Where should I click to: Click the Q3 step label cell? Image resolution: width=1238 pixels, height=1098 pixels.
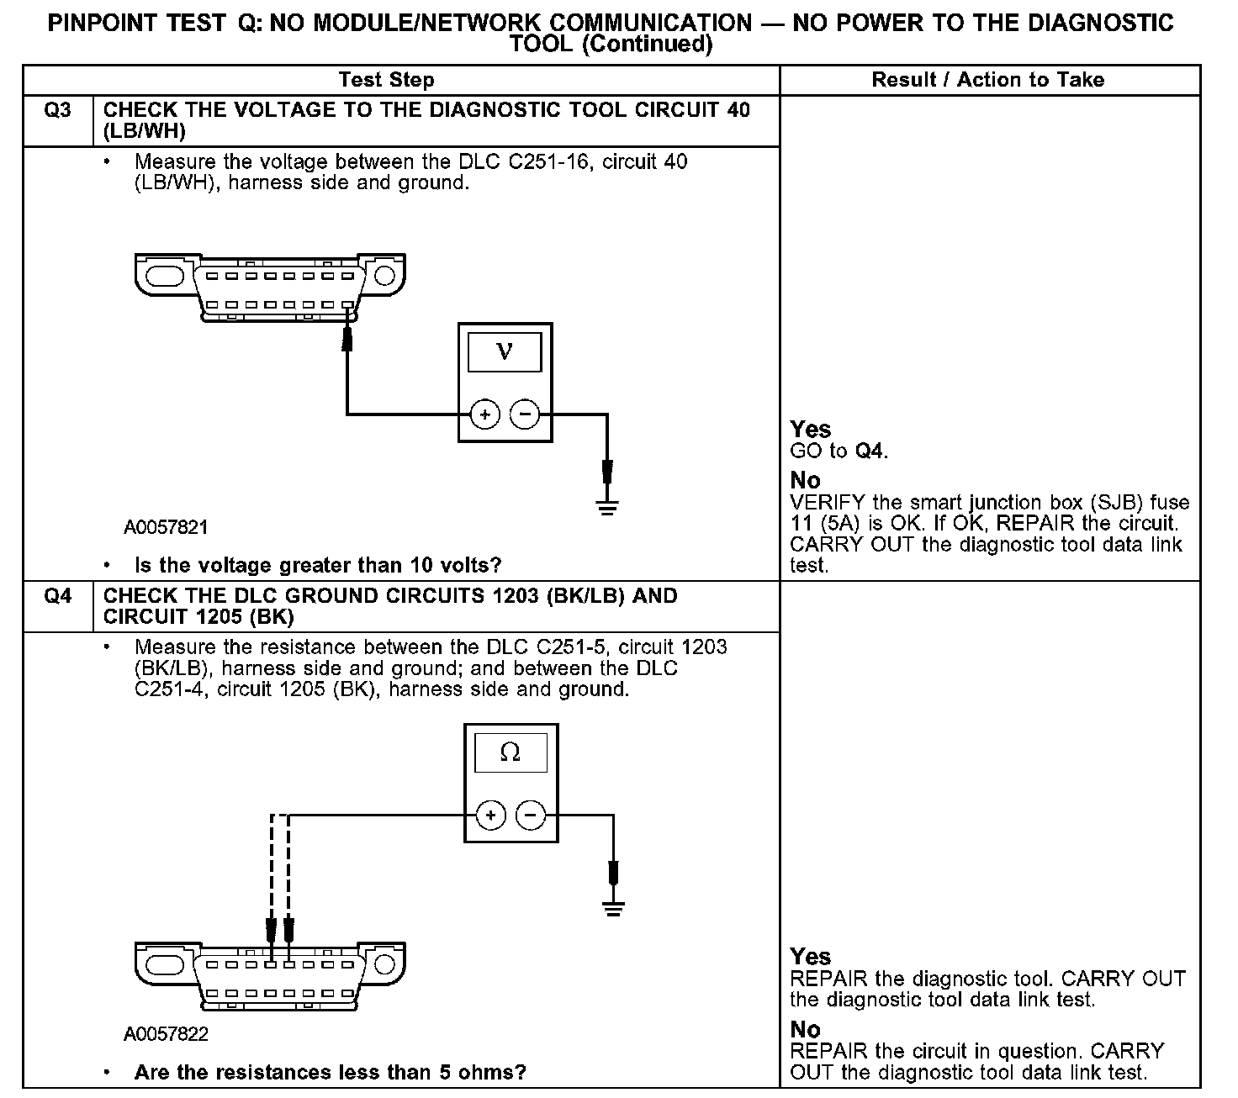tap(57, 111)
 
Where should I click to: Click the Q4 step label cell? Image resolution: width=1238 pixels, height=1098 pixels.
tap(57, 597)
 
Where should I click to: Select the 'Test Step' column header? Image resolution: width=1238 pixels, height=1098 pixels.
tap(386, 80)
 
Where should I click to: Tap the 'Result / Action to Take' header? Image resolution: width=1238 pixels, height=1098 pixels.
tap(987, 80)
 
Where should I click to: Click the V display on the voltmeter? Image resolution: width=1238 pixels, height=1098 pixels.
tap(505, 351)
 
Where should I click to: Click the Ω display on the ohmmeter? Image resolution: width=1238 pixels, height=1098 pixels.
tap(511, 752)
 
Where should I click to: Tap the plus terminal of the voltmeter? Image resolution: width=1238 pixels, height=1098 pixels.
tap(484, 414)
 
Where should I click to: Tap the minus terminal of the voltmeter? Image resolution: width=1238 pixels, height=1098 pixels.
tap(526, 414)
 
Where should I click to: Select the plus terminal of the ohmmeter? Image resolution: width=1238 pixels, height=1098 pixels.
tap(491, 816)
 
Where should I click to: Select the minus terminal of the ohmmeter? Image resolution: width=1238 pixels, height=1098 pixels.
tap(530, 816)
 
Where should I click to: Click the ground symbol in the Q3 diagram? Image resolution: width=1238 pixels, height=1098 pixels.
tap(607, 506)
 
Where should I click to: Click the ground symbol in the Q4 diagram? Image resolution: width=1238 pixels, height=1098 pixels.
tap(614, 908)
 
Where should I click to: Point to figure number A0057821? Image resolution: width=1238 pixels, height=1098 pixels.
tap(166, 528)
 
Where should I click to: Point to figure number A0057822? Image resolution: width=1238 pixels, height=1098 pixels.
tap(166, 1034)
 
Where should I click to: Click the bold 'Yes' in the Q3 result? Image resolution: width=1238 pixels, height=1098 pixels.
tap(810, 430)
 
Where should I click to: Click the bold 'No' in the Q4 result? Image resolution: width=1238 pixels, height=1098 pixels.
tap(805, 1030)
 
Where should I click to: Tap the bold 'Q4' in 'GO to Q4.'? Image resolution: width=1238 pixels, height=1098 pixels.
tap(870, 451)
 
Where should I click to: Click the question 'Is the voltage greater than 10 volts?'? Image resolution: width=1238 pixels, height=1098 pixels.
tap(318, 565)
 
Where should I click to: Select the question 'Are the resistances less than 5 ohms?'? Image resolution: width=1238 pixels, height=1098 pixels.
tap(330, 1073)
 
